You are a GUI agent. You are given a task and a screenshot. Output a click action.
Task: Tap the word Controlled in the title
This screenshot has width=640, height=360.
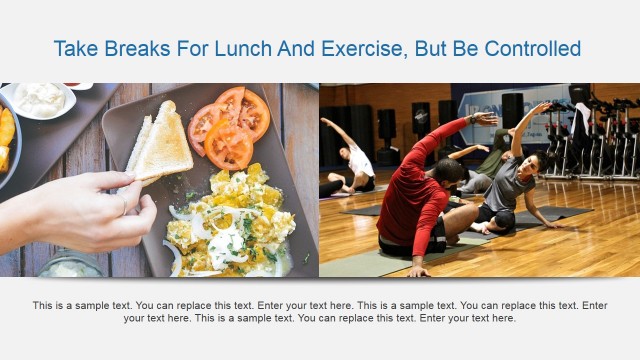(529, 48)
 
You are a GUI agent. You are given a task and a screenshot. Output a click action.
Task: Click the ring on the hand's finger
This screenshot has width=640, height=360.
(123, 207)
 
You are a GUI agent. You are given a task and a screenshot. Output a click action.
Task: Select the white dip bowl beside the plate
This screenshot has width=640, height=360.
(38, 99)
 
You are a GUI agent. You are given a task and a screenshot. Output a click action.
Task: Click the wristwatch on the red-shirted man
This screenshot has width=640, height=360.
(472, 120)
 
